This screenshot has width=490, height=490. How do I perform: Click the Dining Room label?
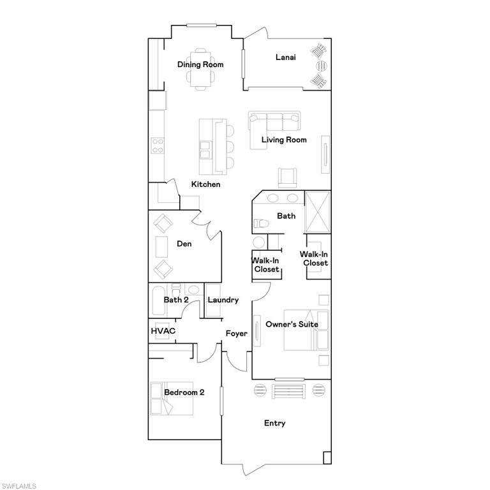pyautogui.click(x=200, y=64)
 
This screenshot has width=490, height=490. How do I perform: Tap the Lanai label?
pyautogui.click(x=285, y=57)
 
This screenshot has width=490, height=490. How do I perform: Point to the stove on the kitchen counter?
pyautogui.click(x=158, y=146)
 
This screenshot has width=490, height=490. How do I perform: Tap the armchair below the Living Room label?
pyautogui.click(x=288, y=176)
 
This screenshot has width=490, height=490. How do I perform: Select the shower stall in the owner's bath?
pyautogui.click(x=318, y=211)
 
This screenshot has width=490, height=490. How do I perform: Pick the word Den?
pyautogui.click(x=184, y=244)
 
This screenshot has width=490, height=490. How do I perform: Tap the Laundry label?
pyautogui.click(x=223, y=300)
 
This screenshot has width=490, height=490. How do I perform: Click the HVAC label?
pyautogui.click(x=163, y=331)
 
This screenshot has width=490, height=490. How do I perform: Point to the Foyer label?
pyautogui.click(x=236, y=334)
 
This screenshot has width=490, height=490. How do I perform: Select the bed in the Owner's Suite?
pyautogui.click(x=307, y=330)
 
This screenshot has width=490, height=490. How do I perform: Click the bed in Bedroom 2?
pyautogui.click(x=172, y=398)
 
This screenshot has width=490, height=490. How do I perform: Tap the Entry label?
pyautogui.click(x=275, y=423)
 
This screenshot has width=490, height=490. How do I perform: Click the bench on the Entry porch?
pyautogui.click(x=290, y=390)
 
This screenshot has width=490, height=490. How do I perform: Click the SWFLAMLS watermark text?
pyautogui.click(x=19, y=486)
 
